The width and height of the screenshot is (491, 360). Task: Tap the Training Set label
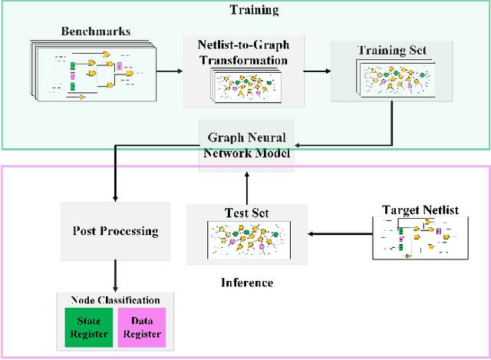click(391, 51)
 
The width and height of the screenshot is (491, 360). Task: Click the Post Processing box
click(114, 230)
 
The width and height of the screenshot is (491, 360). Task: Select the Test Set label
click(248, 213)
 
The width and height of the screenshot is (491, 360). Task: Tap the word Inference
click(247, 282)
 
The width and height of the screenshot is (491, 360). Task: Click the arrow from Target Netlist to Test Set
click(338, 234)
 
